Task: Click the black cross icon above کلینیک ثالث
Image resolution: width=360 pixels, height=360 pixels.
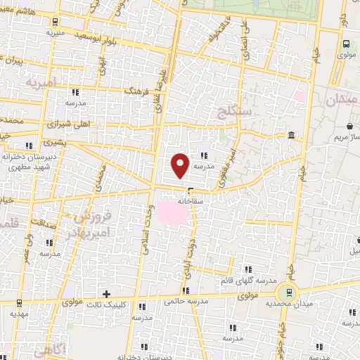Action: [106, 294]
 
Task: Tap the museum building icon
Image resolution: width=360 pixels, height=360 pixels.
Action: [291, 136]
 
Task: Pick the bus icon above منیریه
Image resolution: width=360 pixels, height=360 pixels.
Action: [51, 22]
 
